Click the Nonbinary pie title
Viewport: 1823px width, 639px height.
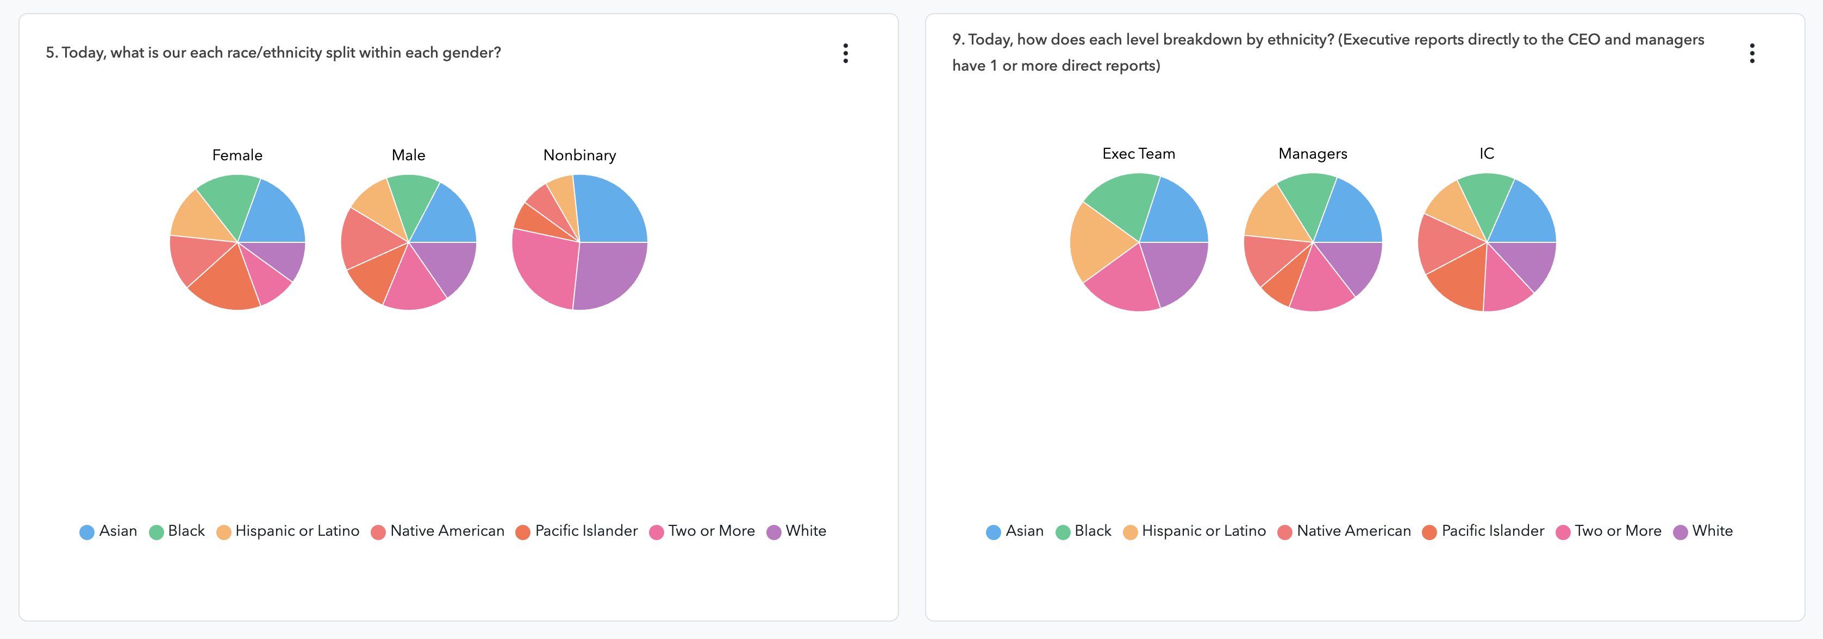click(579, 155)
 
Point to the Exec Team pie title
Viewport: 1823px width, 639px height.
click(1138, 154)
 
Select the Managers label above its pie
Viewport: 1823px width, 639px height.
click(1312, 154)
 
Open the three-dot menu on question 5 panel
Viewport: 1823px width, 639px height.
click(845, 53)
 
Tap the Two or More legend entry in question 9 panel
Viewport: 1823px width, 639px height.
click(1617, 531)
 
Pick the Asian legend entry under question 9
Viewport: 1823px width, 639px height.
click(1023, 531)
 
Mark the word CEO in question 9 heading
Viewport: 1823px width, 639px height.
click(1584, 40)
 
